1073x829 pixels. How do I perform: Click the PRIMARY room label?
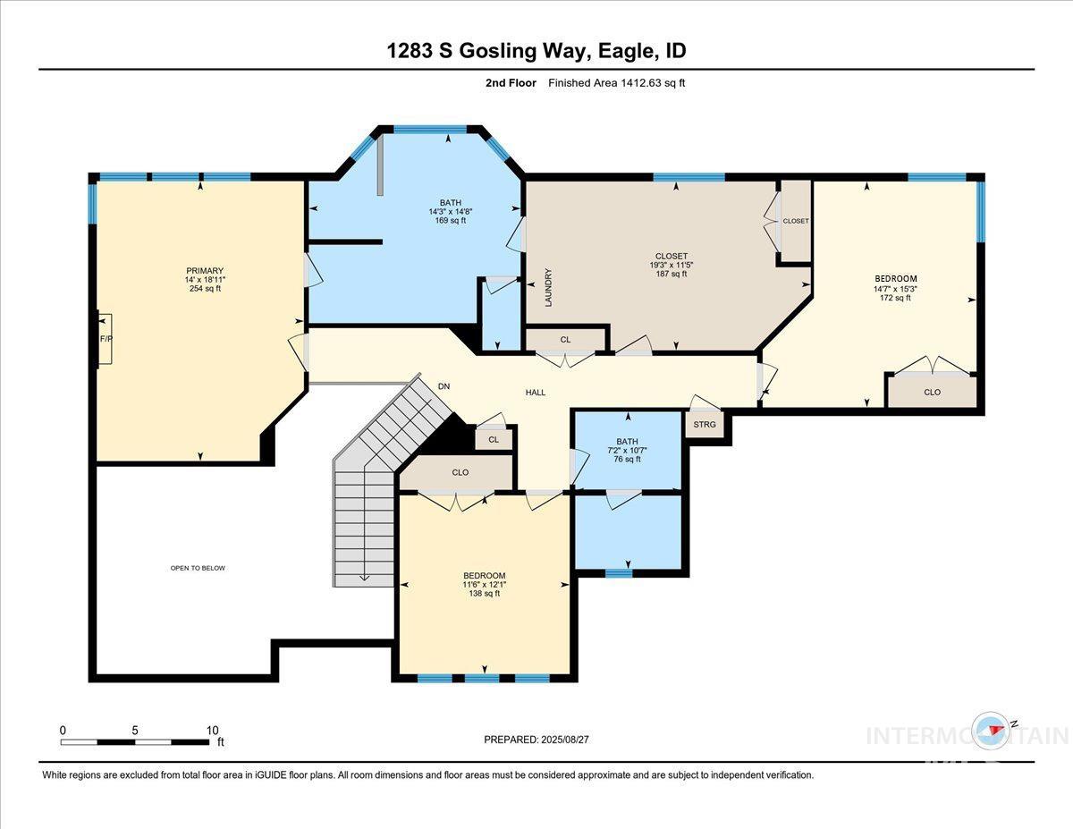click(x=204, y=271)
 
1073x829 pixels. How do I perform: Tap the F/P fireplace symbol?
click(x=106, y=339)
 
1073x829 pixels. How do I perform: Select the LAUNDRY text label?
click(x=549, y=288)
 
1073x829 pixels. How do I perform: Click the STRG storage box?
click(x=705, y=424)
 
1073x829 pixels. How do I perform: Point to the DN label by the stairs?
click(x=444, y=387)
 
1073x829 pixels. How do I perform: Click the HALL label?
click(x=535, y=393)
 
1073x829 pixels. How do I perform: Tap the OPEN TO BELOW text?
click(x=198, y=568)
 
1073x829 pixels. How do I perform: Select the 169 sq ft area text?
click(x=450, y=221)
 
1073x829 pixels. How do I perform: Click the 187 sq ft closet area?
click(x=671, y=274)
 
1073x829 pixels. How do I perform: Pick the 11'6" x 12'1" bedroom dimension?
click(x=484, y=584)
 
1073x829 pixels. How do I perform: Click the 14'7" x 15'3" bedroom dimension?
click(x=895, y=288)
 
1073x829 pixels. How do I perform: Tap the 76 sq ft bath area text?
click(x=626, y=459)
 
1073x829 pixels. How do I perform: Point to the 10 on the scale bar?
click(x=212, y=730)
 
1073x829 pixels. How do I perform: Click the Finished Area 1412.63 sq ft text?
click(x=616, y=83)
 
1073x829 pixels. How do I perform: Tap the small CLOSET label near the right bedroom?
click(x=795, y=221)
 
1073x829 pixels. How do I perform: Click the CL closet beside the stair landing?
click(x=493, y=438)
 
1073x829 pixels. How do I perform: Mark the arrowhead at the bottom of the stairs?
click(x=364, y=577)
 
